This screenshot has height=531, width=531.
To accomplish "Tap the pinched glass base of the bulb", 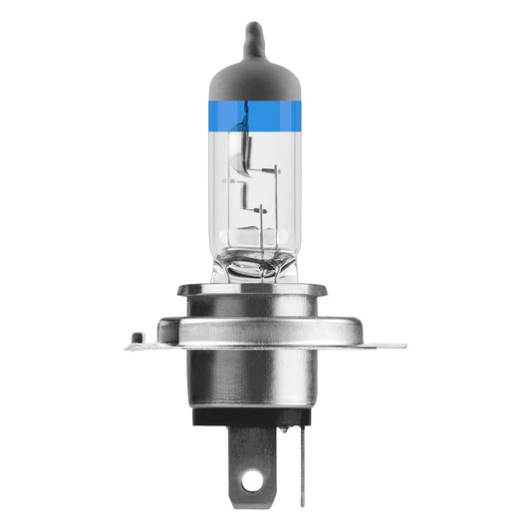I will tap(256, 264).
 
